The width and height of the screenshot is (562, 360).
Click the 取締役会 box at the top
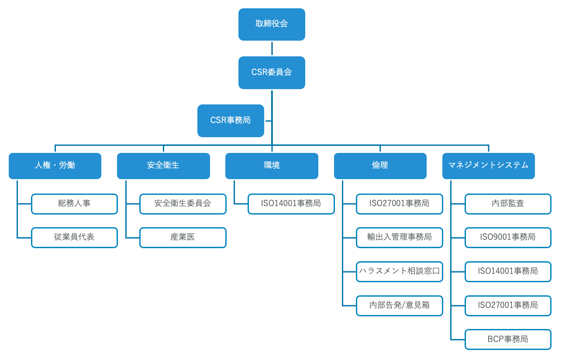(x=272, y=24)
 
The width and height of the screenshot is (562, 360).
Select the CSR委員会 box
(x=272, y=73)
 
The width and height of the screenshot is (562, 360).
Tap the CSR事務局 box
(x=231, y=121)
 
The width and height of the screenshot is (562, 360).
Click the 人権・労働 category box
(x=55, y=166)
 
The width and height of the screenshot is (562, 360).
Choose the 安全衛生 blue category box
(x=163, y=166)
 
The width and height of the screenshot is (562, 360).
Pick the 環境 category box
(x=272, y=166)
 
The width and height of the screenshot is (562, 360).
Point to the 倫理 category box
(x=380, y=166)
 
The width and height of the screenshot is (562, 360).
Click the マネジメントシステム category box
(x=488, y=166)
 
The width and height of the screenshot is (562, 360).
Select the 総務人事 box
(x=74, y=204)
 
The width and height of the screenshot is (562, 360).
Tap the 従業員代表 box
(x=74, y=237)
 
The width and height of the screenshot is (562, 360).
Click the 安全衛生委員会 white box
(x=183, y=204)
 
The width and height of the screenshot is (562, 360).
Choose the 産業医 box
(x=183, y=237)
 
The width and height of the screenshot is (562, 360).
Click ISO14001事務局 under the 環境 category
(x=291, y=204)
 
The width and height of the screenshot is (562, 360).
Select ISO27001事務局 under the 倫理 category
(x=399, y=204)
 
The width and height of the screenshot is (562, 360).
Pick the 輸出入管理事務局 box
(x=399, y=237)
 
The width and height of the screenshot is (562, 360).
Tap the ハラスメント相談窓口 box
(x=399, y=271)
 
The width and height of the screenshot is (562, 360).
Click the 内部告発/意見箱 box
(x=399, y=305)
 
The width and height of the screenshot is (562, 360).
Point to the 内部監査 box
(x=508, y=204)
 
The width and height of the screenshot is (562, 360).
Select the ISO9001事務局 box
(x=508, y=237)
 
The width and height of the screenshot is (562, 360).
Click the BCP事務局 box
(x=508, y=339)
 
